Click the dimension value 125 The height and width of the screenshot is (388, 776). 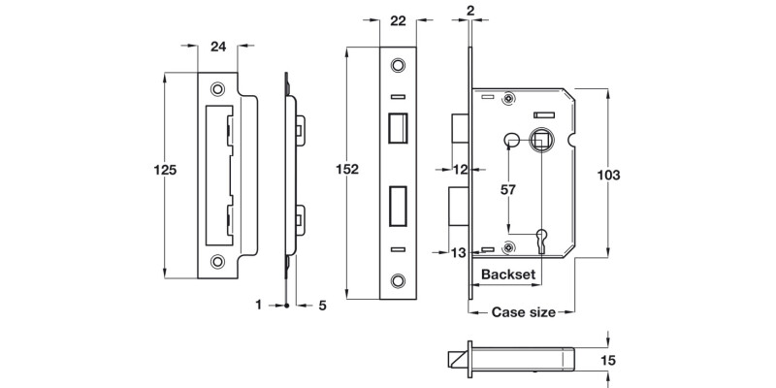click(x=166, y=170)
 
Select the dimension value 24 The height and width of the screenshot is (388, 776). click(x=218, y=45)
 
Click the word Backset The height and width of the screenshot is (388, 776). click(x=507, y=275)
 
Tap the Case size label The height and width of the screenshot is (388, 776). click(x=523, y=312)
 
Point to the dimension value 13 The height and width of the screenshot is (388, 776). click(x=460, y=253)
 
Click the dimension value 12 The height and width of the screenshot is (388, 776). click(x=461, y=170)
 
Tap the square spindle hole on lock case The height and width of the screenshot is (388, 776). click(x=540, y=140)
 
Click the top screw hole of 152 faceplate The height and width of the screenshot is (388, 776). click(x=396, y=66)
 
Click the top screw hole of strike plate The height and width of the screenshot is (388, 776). click(x=218, y=84)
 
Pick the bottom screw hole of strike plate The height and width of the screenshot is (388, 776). click(x=218, y=260)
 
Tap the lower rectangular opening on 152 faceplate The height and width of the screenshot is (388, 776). click(x=396, y=205)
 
